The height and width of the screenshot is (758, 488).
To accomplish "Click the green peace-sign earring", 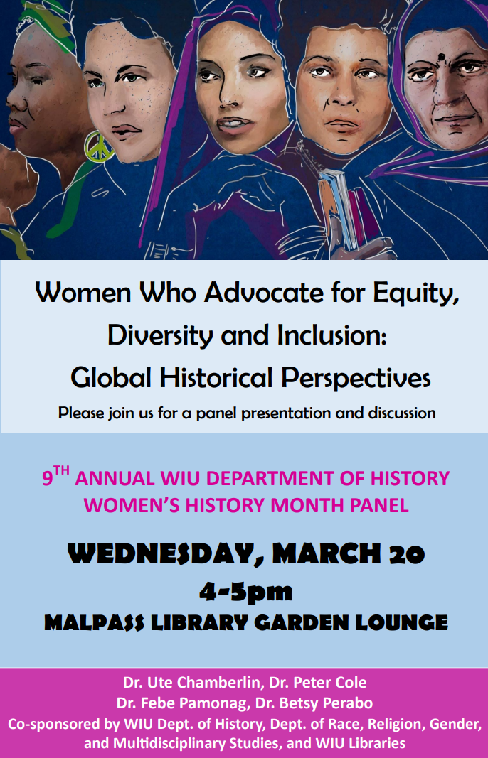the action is tap(99, 146).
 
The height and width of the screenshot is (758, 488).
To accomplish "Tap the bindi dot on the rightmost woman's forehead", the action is tap(441, 58).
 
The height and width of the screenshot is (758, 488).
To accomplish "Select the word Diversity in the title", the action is tap(160, 335).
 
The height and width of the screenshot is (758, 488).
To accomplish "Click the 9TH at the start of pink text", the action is tap(55, 477).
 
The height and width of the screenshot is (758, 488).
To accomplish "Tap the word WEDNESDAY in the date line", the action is tap(162, 555).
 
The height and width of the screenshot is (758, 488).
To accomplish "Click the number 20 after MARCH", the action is tap(407, 555).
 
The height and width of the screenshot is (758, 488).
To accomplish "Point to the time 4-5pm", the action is tap(246, 592).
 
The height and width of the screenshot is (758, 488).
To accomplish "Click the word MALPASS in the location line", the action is tap(95, 623).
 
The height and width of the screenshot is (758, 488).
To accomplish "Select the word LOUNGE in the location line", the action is tap(402, 622).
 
